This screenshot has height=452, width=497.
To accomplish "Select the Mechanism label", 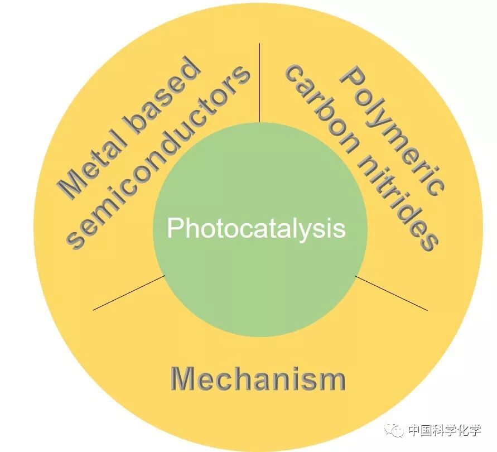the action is pos(258,379).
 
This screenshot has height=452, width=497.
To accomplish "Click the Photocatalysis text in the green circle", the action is pos(256,229).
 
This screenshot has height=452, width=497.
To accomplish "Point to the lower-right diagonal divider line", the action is pos(391,292).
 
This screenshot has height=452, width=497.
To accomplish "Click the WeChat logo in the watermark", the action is pos(397,430).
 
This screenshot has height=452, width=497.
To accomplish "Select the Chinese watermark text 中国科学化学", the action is pos(445,430).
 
